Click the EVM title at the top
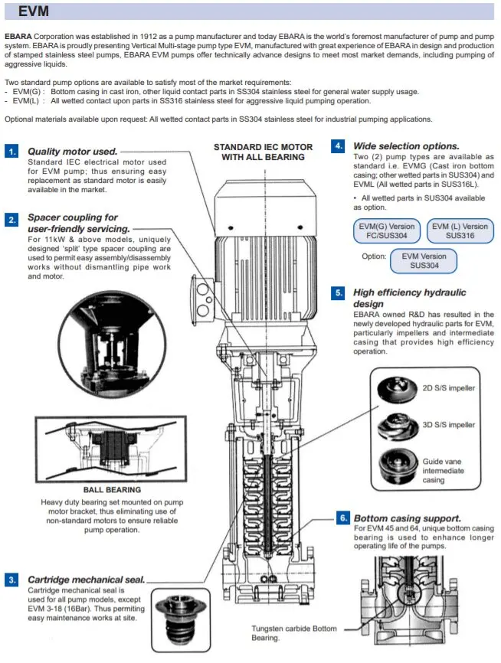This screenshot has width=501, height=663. pos(34,11)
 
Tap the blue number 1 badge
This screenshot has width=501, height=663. pos(11,152)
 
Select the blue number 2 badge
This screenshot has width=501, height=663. pos(11,219)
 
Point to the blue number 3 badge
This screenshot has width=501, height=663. pos(11,580)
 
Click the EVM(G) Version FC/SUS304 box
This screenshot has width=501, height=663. pos(387,231)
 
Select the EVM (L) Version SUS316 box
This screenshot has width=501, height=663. pos(460,231)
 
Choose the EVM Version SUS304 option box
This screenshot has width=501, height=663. pos(424,261)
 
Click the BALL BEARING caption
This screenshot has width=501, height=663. pos(112,489)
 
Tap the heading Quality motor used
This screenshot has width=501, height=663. pos(73,152)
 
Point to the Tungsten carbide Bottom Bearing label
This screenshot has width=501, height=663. pos(293,633)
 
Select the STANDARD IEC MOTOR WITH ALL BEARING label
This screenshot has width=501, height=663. pos(263,152)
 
